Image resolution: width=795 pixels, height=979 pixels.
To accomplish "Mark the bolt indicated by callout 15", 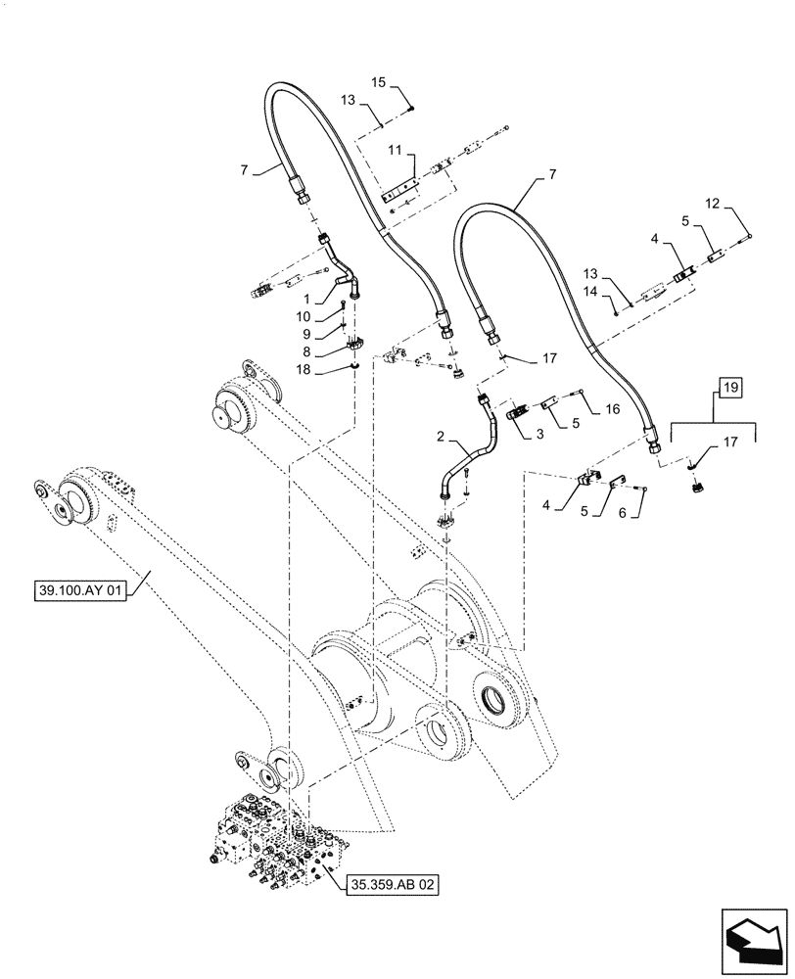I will pyautogui.click(x=414, y=108).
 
